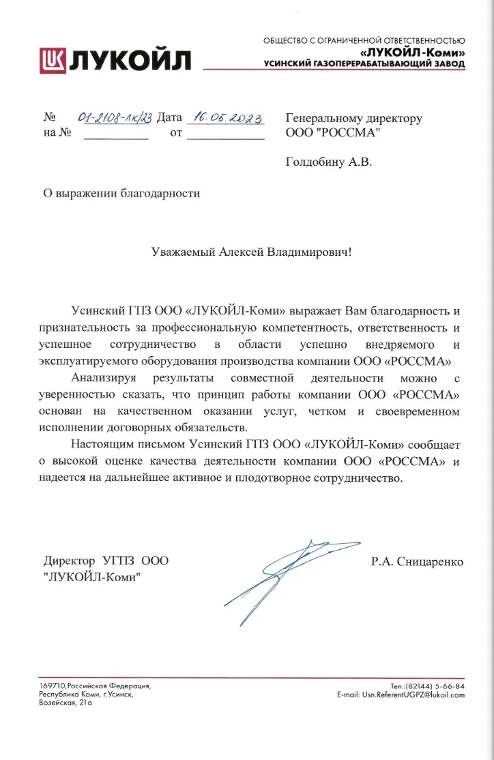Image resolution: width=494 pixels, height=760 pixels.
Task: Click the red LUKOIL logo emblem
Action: tap(54, 60)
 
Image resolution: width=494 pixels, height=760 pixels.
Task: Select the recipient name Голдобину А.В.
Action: tap(329, 162)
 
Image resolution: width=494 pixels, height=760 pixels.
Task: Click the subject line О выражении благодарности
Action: tap(121, 193)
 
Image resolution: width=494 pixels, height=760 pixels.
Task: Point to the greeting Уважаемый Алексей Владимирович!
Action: tap(252, 252)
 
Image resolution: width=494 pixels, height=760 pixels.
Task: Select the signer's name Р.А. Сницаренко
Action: tap(417, 562)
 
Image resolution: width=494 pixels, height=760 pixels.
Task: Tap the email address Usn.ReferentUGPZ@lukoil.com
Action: tap(401, 695)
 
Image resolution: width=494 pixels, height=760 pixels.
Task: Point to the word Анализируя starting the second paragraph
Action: tap(104, 378)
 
